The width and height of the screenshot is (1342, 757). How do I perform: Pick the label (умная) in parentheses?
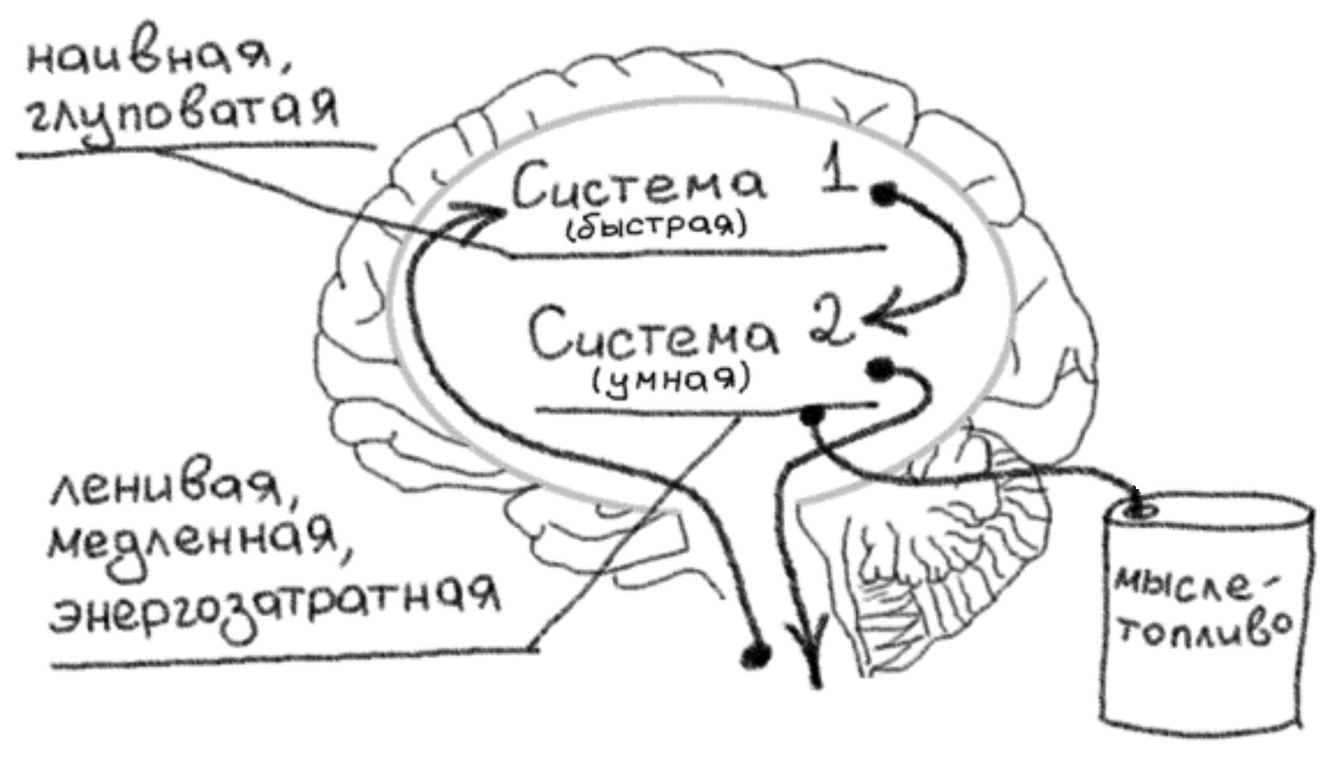click(671, 380)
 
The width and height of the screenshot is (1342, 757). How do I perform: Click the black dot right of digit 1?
click(884, 193)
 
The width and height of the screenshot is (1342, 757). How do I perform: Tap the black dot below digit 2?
click(880, 369)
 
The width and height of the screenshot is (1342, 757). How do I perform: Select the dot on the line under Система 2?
click(811, 415)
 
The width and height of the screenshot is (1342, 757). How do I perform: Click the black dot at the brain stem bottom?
click(756, 657)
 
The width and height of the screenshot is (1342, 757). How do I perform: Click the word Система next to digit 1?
click(638, 185)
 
